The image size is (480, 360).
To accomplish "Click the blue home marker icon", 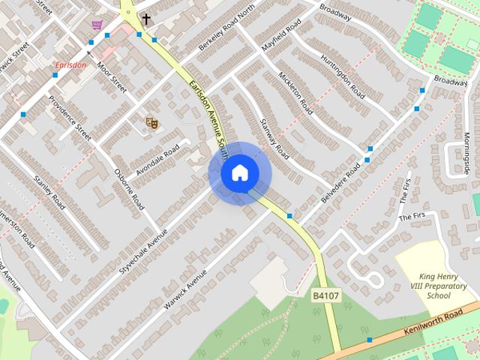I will pos(240,173).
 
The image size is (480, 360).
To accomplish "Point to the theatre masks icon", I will pos(151,121).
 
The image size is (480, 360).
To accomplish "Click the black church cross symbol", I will pos(145,19).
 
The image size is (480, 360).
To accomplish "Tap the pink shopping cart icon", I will pos(97,25).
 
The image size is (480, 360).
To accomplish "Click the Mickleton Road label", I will pos(295,94).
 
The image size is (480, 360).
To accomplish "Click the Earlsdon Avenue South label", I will pos(206,112).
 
